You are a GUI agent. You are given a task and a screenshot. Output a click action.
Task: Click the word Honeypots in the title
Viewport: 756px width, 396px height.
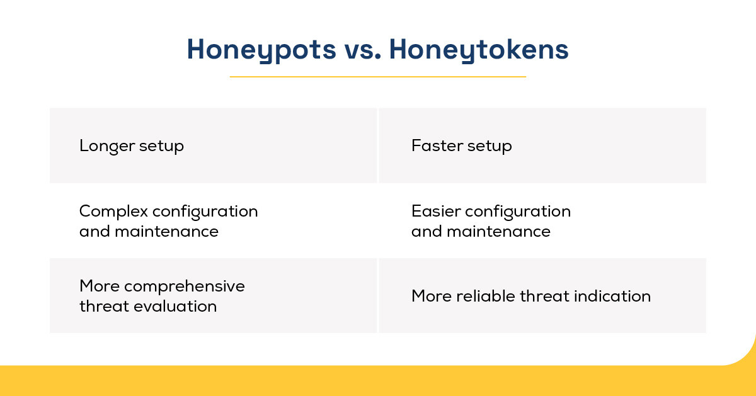pos(261,50)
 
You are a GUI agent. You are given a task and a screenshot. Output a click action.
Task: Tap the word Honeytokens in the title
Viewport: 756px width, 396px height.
pos(479,50)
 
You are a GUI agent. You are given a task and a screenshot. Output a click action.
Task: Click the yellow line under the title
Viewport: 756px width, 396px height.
pos(377,77)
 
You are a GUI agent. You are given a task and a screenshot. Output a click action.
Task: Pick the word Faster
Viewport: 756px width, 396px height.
pos(437,145)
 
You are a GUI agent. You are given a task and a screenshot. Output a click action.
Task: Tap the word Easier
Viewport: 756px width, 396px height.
pos(436,212)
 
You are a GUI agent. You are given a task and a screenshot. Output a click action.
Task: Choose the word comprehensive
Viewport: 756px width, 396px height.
pos(184,286)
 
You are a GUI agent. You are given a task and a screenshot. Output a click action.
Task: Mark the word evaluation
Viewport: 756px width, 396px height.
pos(175,307)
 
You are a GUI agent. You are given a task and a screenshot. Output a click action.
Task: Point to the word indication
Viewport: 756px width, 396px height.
pos(612,296)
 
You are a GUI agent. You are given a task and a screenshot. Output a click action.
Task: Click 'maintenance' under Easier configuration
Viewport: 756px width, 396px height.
pos(498,232)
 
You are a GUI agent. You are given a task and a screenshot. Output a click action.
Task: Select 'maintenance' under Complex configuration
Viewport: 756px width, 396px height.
pos(166,232)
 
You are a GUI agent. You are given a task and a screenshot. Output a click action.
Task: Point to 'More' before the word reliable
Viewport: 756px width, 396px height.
pos(432,296)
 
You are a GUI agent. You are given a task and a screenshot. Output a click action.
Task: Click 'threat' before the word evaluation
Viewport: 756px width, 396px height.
pos(105,307)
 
